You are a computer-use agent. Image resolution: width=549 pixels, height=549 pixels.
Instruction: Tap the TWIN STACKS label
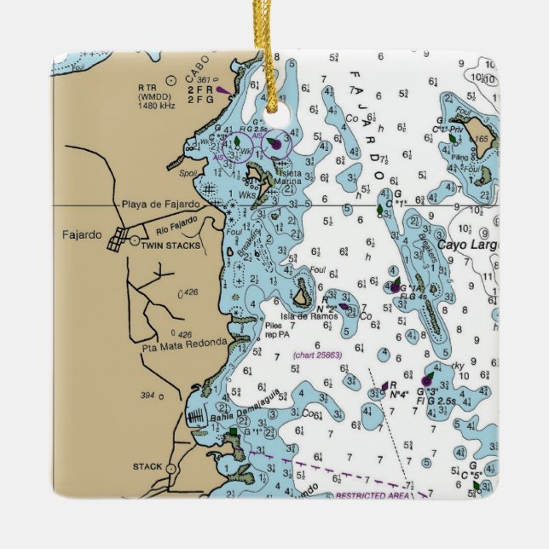171,246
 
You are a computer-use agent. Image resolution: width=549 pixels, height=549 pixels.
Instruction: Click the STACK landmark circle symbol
170,469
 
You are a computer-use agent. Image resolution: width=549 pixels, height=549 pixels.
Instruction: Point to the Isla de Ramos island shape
302,298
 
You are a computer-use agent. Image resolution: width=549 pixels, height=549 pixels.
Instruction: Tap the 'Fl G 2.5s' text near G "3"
435,400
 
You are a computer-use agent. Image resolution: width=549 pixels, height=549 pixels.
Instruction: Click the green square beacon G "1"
233,433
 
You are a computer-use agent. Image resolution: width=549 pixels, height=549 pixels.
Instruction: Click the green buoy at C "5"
477,485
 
